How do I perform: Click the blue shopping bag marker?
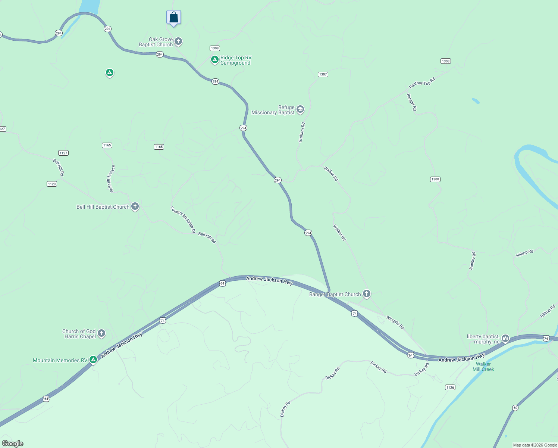tap(173, 18)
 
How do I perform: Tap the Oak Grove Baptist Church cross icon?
tap(178, 41)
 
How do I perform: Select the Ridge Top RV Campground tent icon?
tap(214, 59)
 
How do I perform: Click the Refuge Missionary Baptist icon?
tap(300, 109)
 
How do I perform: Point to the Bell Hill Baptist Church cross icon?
tap(135, 206)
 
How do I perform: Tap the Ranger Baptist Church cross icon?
tap(367, 294)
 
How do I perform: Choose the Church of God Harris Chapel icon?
tap(101, 333)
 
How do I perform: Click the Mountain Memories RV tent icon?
tap(93, 360)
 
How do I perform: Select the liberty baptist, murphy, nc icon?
tap(505, 339)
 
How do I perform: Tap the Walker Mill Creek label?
tap(483, 367)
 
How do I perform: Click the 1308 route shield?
tap(215, 48)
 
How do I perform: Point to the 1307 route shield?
tap(323, 74)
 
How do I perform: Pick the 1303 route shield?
tap(445, 61)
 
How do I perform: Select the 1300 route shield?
tap(435, 179)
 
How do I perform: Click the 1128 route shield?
tap(52, 184)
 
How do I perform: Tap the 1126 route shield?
tap(450, 387)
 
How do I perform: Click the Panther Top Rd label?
tap(422, 83)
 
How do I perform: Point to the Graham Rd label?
tap(302, 132)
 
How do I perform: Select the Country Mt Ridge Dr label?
tap(183, 220)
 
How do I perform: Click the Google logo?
tap(13, 444)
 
